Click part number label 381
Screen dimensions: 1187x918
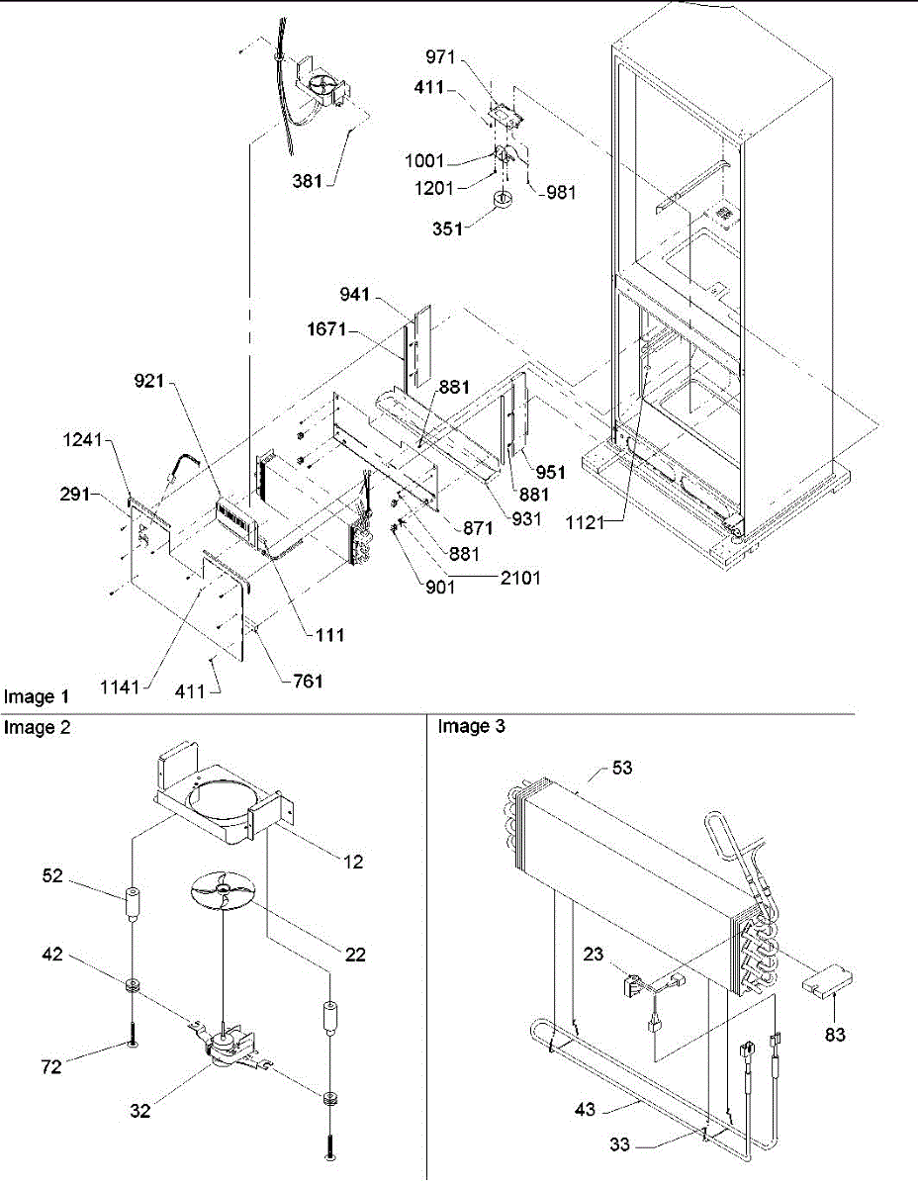pyautogui.click(x=307, y=181)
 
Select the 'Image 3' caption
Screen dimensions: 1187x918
pyautogui.click(x=471, y=728)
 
